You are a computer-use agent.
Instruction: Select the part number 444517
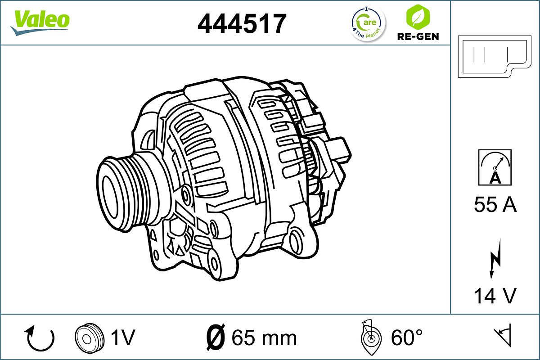click(x=242, y=23)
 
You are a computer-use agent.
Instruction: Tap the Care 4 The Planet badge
click(x=368, y=23)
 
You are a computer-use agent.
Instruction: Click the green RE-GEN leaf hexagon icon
click(x=417, y=17)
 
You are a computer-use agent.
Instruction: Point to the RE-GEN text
click(x=418, y=36)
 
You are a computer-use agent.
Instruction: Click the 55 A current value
click(x=495, y=205)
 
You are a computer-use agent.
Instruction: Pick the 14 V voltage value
click(x=495, y=296)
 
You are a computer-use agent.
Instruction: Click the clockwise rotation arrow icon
click(x=40, y=338)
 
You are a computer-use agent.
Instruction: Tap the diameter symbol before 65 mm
click(x=216, y=337)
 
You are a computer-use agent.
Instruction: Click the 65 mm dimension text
click(x=264, y=337)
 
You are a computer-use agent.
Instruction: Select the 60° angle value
click(x=407, y=337)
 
